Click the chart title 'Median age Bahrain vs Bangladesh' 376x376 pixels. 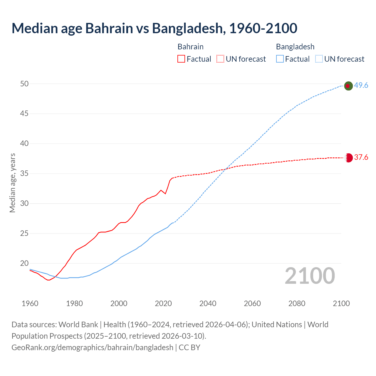click(x=154, y=28)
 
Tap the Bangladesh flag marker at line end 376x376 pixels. click(x=348, y=86)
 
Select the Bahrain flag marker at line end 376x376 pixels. click(x=348, y=158)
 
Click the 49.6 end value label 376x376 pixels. click(x=361, y=85)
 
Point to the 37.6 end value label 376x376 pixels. click(x=361, y=157)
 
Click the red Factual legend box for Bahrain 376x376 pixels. click(x=181, y=59)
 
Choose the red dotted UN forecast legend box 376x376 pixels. click(x=220, y=59)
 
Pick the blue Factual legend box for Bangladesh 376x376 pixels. click(x=280, y=59)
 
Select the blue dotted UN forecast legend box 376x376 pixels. click(x=319, y=59)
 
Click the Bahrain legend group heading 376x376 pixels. click(x=190, y=47)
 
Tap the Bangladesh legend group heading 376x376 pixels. click(x=295, y=47)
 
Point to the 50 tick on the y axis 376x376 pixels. click(x=24, y=84)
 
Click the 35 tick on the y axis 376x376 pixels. click(x=24, y=174)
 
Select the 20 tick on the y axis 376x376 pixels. click(x=24, y=263)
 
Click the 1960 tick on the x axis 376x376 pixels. click(x=30, y=303)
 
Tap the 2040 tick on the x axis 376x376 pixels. click(x=208, y=303)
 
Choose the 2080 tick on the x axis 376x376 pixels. click(x=297, y=303)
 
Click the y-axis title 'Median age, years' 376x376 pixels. click(x=12, y=183)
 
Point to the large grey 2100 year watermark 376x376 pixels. click(x=310, y=276)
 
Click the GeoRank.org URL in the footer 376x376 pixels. click(x=92, y=348)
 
